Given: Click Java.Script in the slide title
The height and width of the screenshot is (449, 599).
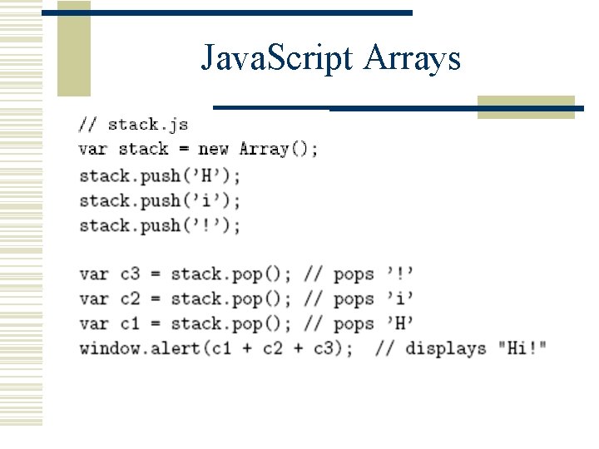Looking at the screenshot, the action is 272,59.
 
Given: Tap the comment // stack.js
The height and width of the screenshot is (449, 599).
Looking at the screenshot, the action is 133,125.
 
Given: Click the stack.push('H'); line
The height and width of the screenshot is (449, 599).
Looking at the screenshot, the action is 160,175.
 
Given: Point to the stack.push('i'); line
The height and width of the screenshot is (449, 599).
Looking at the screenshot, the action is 160,200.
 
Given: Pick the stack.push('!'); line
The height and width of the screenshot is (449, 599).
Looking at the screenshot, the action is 160,225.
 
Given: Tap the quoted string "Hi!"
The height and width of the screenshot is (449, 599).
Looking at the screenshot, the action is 522,348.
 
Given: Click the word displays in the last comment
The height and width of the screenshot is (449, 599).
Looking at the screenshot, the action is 445,348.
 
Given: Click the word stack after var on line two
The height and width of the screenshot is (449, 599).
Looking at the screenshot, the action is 143,150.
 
